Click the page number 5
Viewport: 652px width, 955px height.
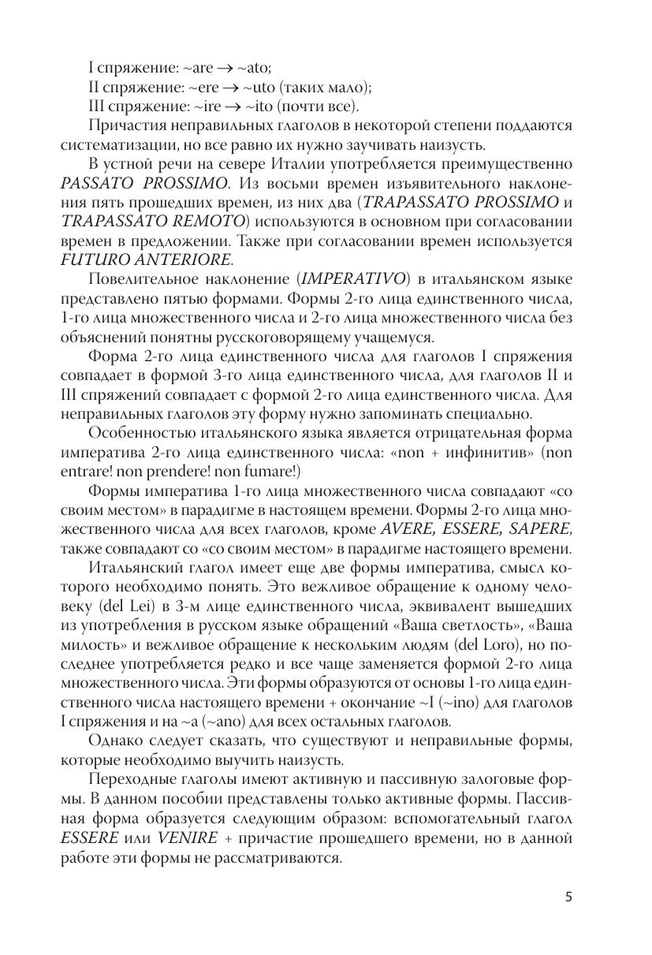tap(569, 897)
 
